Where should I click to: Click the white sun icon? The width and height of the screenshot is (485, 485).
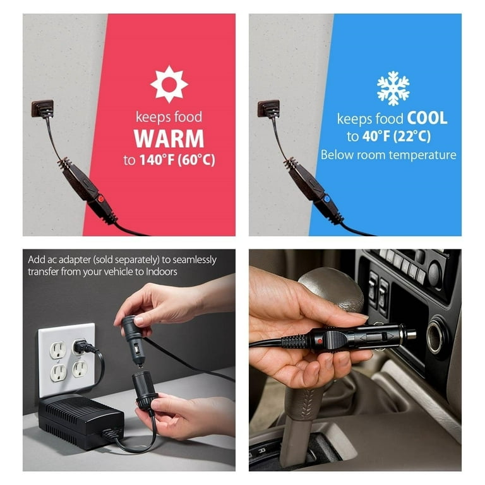[169, 84]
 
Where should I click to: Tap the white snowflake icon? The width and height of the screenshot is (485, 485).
[393, 88]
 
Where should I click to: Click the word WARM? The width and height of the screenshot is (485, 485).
[169, 138]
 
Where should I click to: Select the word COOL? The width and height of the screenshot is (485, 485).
[427, 118]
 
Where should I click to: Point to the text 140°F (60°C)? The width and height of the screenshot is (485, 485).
[177, 160]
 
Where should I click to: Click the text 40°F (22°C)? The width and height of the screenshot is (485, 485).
[397, 136]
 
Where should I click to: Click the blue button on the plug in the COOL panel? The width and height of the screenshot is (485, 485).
[326, 198]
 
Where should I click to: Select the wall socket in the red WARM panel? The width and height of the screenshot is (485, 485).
[42, 109]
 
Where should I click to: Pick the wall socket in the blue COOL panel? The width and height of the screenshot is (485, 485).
[268, 109]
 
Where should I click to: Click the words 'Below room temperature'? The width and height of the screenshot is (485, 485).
[388, 155]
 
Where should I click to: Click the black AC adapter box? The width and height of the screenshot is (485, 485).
[81, 420]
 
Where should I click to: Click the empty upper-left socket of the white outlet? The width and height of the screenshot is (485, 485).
[58, 350]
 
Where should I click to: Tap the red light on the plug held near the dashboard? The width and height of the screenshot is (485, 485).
[320, 341]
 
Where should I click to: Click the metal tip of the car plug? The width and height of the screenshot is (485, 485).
[411, 334]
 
